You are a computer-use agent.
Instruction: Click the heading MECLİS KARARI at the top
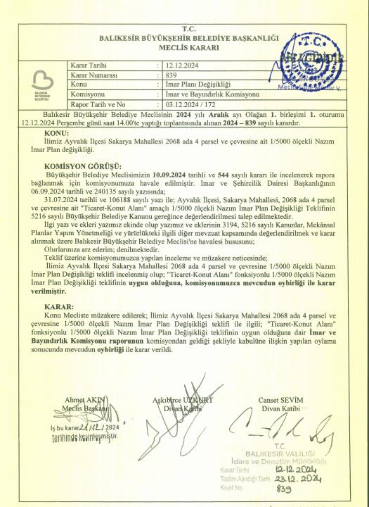point(184,47)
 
